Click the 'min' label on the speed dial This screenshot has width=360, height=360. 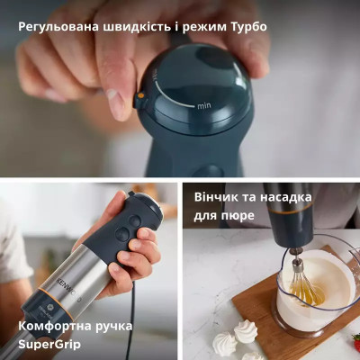[x=205, y=105]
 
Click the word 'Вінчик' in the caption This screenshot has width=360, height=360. [x=219, y=197]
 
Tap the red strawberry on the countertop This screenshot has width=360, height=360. [x=355, y=342]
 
